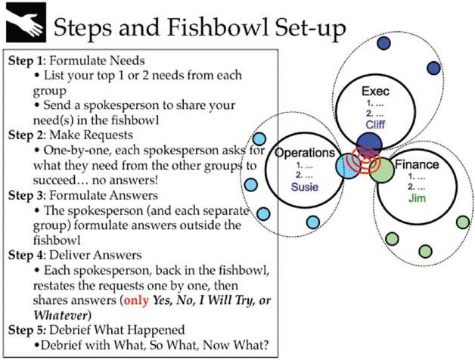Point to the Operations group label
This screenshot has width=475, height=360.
click(303, 153)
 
